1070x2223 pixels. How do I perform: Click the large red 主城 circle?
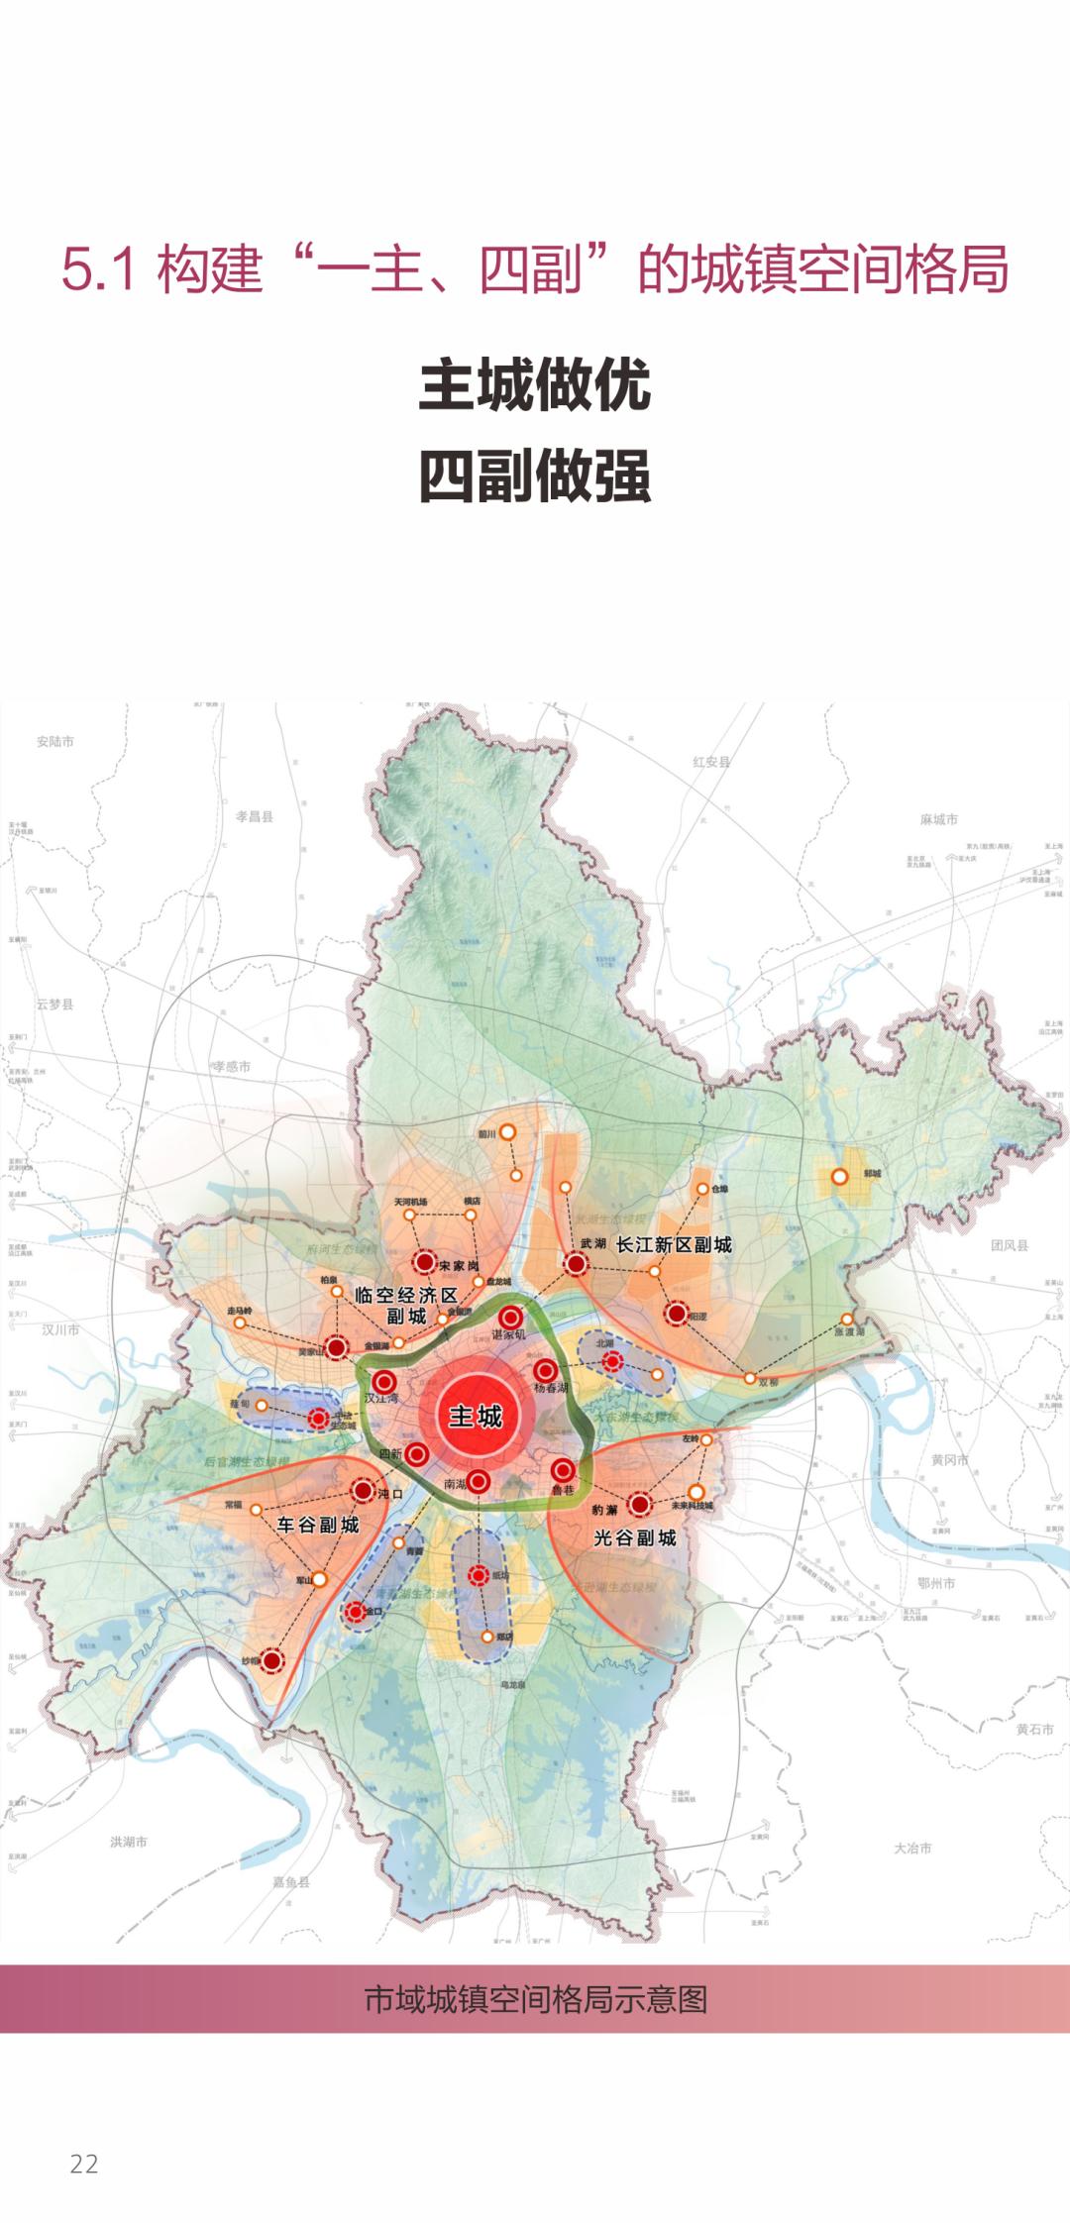pos(476,1417)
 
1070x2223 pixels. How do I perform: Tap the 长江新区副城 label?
pos(674,1245)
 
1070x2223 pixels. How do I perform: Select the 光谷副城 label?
pos(635,1538)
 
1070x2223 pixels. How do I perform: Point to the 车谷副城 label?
pos(318,1526)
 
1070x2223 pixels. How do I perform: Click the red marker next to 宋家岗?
pos(424,1262)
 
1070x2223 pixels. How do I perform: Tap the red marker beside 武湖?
pos(575,1264)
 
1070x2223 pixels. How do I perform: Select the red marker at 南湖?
pos(479,1482)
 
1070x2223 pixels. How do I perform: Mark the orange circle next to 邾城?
pos(839,1177)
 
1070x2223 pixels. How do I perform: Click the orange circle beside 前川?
pos(507,1132)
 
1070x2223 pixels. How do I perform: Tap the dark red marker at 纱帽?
pos(271,1660)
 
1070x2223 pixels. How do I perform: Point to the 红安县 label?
pos(711,762)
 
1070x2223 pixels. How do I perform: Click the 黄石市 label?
pos(1034,1729)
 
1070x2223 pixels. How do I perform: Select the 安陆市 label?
pos(55,741)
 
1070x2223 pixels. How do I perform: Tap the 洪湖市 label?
pos(129,1842)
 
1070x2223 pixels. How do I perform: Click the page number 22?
pos(84,2164)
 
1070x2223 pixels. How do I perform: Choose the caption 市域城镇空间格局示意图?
pos(535,1999)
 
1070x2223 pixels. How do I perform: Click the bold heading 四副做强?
pos(535,476)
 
